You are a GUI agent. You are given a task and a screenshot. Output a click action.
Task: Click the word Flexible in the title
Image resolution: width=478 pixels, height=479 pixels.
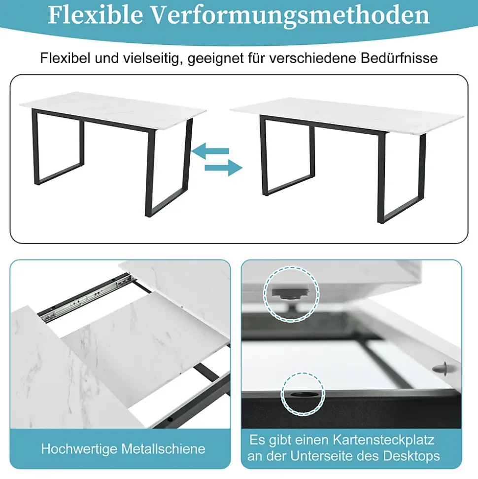(x=96, y=15)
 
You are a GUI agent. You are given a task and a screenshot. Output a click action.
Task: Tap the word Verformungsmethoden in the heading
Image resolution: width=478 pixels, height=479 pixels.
(x=291, y=16)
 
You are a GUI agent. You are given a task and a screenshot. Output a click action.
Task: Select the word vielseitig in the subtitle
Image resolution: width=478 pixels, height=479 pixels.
(x=151, y=58)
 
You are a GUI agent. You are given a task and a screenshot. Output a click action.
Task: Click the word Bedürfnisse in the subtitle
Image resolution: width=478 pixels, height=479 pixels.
(x=399, y=58)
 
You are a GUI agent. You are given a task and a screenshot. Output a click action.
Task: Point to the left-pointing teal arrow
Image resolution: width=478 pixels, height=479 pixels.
(x=210, y=150)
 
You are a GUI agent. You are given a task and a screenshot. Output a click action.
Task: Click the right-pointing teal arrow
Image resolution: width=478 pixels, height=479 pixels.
(x=223, y=167)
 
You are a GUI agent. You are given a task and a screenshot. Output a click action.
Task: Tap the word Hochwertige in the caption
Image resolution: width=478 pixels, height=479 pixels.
(x=79, y=449)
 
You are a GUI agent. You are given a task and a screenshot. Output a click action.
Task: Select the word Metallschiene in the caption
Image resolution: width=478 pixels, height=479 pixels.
(x=163, y=449)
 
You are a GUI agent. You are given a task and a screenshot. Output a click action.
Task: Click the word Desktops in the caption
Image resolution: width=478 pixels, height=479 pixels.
(x=411, y=456)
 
